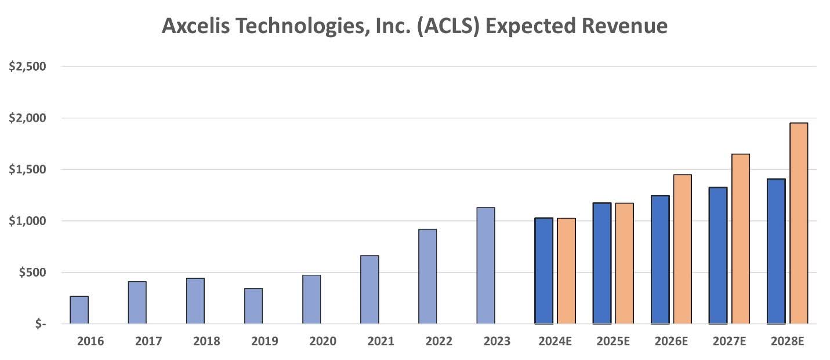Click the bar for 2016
(x=79, y=310)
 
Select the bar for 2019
(x=253, y=306)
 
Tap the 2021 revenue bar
(x=369, y=290)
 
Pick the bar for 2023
(x=485, y=266)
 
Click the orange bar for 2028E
(x=799, y=223)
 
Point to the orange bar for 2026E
(x=683, y=249)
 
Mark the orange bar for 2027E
(x=741, y=239)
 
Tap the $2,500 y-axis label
(x=27, y=67)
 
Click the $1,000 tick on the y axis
(x=27, y=221)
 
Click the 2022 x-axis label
(x=439, y=341)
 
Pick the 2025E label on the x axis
(x=613, y=341)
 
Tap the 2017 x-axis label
(x=149, y=341)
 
